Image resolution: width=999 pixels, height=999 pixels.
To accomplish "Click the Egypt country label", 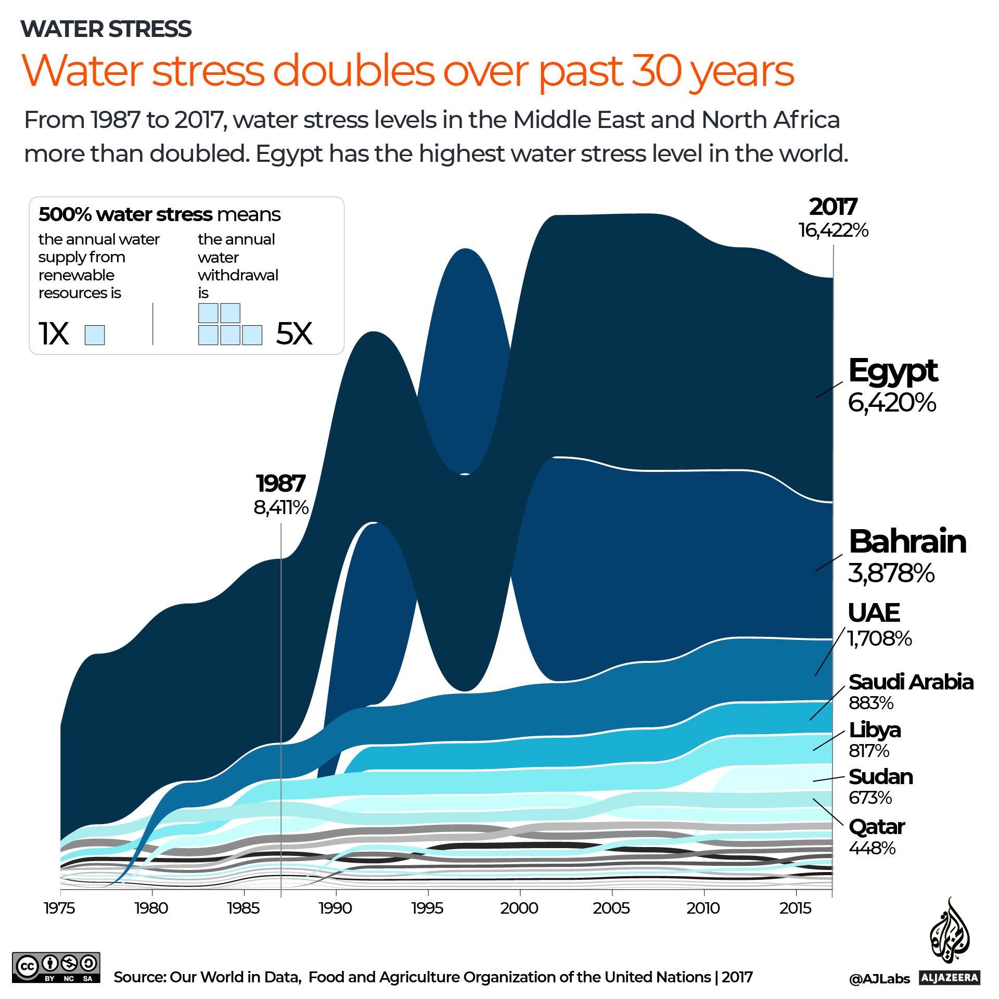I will click(892, 371).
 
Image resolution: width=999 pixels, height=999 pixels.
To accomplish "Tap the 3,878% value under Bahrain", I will click(891, 573).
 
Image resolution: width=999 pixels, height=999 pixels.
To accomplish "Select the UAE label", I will click(874, 612).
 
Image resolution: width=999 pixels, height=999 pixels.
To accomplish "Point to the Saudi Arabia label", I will click(911, 682).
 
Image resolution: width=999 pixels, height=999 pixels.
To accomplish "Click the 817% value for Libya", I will click(869, 751).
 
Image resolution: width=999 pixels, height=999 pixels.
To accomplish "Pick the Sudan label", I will click(880, 777).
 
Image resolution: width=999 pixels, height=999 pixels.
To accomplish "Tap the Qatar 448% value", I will click(872, 848).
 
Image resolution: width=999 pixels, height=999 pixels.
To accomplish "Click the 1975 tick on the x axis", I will click(60, 908).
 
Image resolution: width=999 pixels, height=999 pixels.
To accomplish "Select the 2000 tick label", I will click(519, 908).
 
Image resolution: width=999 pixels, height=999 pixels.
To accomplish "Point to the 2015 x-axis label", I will click(795, 908).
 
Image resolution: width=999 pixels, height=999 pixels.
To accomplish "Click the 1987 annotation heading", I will click(280, 483).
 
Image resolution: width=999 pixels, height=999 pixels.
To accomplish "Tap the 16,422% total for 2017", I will click(834, 230).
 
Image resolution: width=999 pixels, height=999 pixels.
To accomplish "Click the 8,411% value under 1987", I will click(281, 507).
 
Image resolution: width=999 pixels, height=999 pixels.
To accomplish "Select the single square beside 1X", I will click(95, 335).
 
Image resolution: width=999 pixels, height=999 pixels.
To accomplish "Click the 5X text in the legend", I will click(294, 333).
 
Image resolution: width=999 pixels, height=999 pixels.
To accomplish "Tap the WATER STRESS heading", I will click(106, 29).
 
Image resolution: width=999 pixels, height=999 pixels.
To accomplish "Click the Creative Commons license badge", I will click(56, 967).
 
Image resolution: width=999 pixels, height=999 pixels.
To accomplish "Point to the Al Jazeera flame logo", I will click(950, 932).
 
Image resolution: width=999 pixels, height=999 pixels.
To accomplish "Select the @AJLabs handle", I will click(879, 979).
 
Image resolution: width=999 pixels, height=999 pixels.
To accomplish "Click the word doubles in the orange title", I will click(353, 71).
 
